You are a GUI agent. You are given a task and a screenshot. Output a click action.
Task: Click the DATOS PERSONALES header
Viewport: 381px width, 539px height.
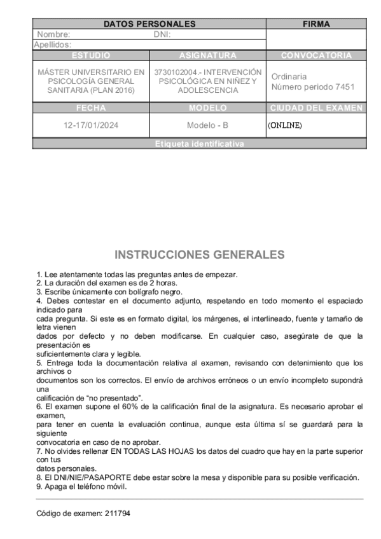tap(149, 25)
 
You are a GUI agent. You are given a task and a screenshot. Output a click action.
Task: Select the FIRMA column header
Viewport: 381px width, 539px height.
tap(316, 25)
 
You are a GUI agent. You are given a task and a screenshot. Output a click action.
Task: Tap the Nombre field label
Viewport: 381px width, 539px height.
tap(53, 34)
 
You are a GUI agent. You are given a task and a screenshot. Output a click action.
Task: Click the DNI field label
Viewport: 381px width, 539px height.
tap(163, 34)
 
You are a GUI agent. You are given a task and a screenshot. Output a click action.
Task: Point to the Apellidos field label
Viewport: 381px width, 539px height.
tap(52, 44)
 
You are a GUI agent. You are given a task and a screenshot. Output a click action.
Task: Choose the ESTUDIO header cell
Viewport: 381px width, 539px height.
tap(92, 55)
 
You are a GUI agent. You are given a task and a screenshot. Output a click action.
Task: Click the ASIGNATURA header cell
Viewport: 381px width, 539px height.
tap(209, 55)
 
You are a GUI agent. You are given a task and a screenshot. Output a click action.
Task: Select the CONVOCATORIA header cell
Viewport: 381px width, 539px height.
tap(316, 55)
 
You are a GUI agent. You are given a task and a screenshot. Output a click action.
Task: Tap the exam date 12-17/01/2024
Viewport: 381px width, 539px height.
tap(92, 125)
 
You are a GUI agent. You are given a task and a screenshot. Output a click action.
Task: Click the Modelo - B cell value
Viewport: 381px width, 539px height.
tap(209, 125)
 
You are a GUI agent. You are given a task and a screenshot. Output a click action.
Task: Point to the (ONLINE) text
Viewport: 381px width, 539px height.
tap(284, 125)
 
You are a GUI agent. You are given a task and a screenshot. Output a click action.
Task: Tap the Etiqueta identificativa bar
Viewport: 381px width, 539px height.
tap(199, 144)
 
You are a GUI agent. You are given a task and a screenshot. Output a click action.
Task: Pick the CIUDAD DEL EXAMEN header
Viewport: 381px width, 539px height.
tap(316, 107)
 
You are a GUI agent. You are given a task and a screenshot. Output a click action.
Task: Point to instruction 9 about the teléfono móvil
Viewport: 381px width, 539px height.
tap(82, 487)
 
